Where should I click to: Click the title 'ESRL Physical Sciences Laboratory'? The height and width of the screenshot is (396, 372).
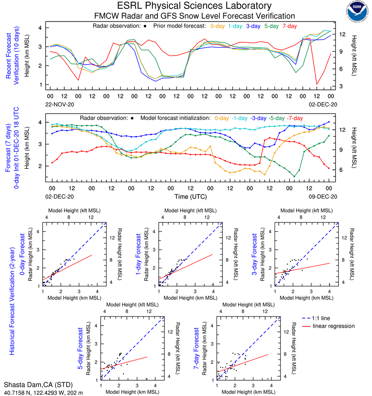coord(195,6)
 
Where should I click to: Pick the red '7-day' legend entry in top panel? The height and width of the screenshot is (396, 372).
coord(290,26)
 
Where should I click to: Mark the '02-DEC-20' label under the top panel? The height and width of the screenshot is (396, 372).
coord(321,105)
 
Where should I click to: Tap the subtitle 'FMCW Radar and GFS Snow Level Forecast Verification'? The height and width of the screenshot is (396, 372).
coord(195,16)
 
